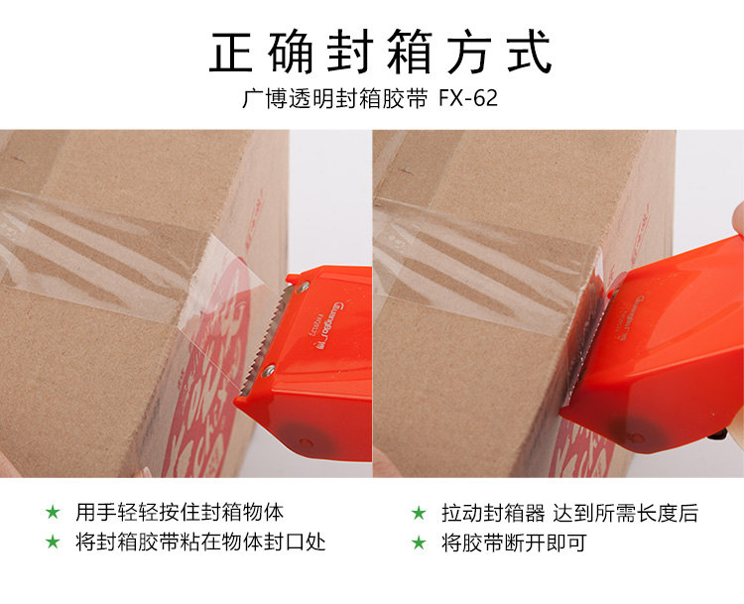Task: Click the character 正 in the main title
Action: click(230, 52)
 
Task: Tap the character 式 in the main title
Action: click(529, 52)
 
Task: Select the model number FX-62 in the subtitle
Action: click(468, 98)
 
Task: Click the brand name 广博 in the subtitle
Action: click(263, 99)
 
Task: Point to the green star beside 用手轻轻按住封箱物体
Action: click(53, 513)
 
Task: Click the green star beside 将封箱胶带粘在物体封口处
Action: click(53, 542)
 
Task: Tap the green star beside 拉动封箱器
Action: click(419, 513)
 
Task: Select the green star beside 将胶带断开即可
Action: click(419, 543)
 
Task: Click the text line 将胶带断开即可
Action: click(514, 543)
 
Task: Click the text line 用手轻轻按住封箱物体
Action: click(180, 513)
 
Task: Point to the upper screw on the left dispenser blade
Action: click(303, 286)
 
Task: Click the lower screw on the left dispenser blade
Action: click(269, 370)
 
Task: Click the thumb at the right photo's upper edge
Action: click(738, 217)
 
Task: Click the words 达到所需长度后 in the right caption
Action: click(625, 513)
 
